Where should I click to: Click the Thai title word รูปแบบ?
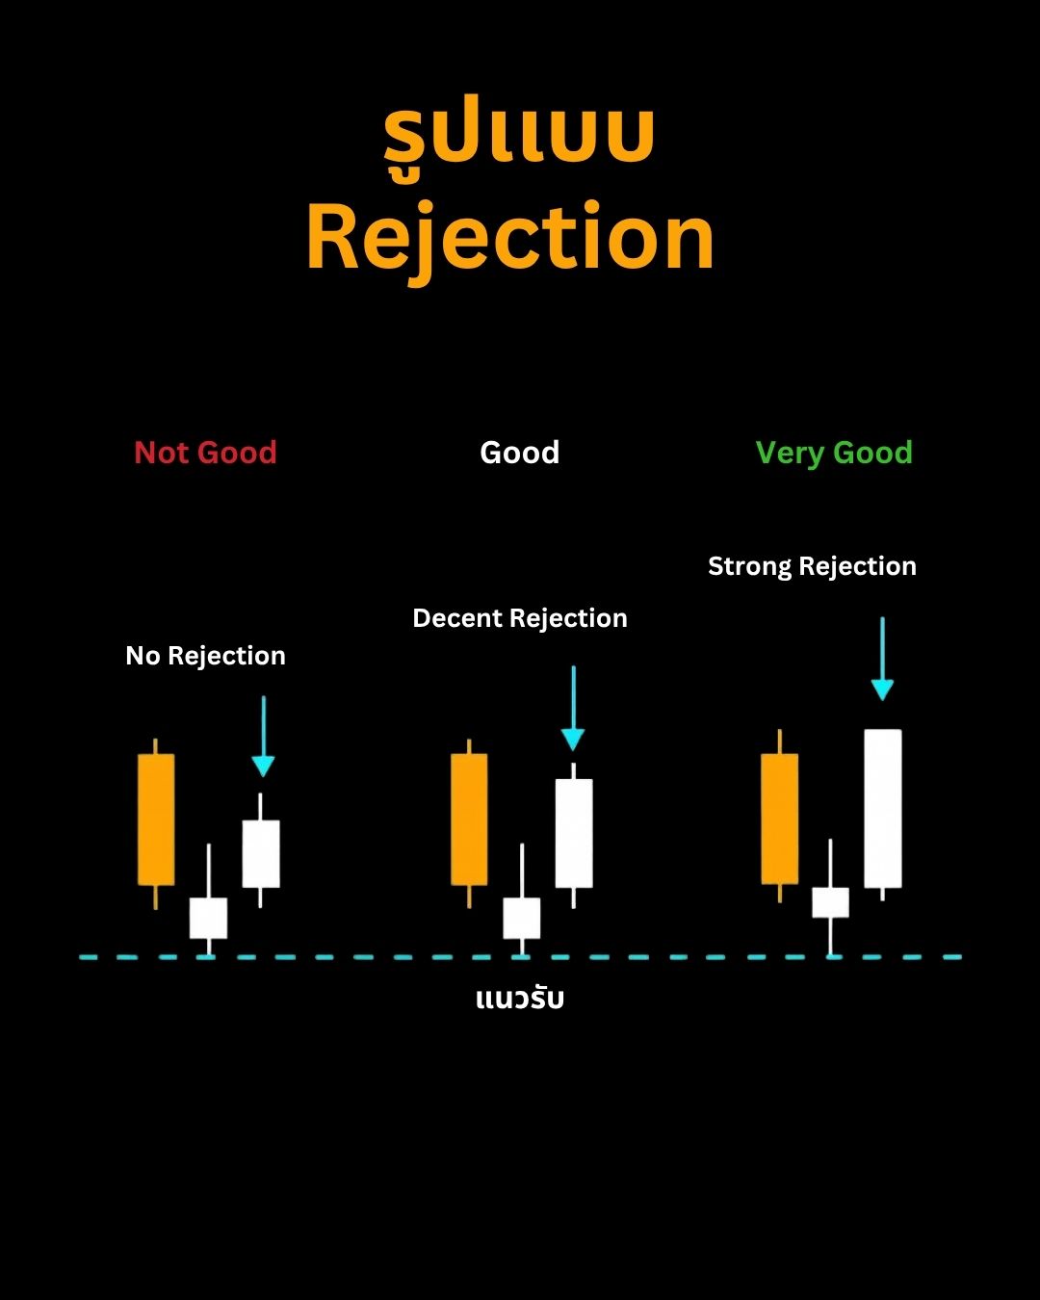click(519, 137)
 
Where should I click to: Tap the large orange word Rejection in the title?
click(511, 241)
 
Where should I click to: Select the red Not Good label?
click(205, 453)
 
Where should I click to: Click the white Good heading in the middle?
click(520, 453)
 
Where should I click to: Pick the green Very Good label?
click(834, 454)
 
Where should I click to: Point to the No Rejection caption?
click(205, 656)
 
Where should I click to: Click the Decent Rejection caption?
click(520, 618)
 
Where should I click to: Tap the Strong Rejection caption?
click(812, 566)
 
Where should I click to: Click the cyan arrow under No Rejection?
click(264, 737)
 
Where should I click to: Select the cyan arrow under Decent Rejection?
click(573, 708)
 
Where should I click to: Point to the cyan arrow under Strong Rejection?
click(882, 659)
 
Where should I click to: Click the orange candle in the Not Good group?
click(156, 822)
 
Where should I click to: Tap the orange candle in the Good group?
click(469, 822)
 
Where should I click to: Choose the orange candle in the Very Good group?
click(780, 817)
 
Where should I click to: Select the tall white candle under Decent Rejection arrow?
click(574, 835)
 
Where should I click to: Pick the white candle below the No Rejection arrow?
click(260, 851)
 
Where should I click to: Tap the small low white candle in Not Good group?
click(209, 917)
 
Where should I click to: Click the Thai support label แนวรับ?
click(520, 998)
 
